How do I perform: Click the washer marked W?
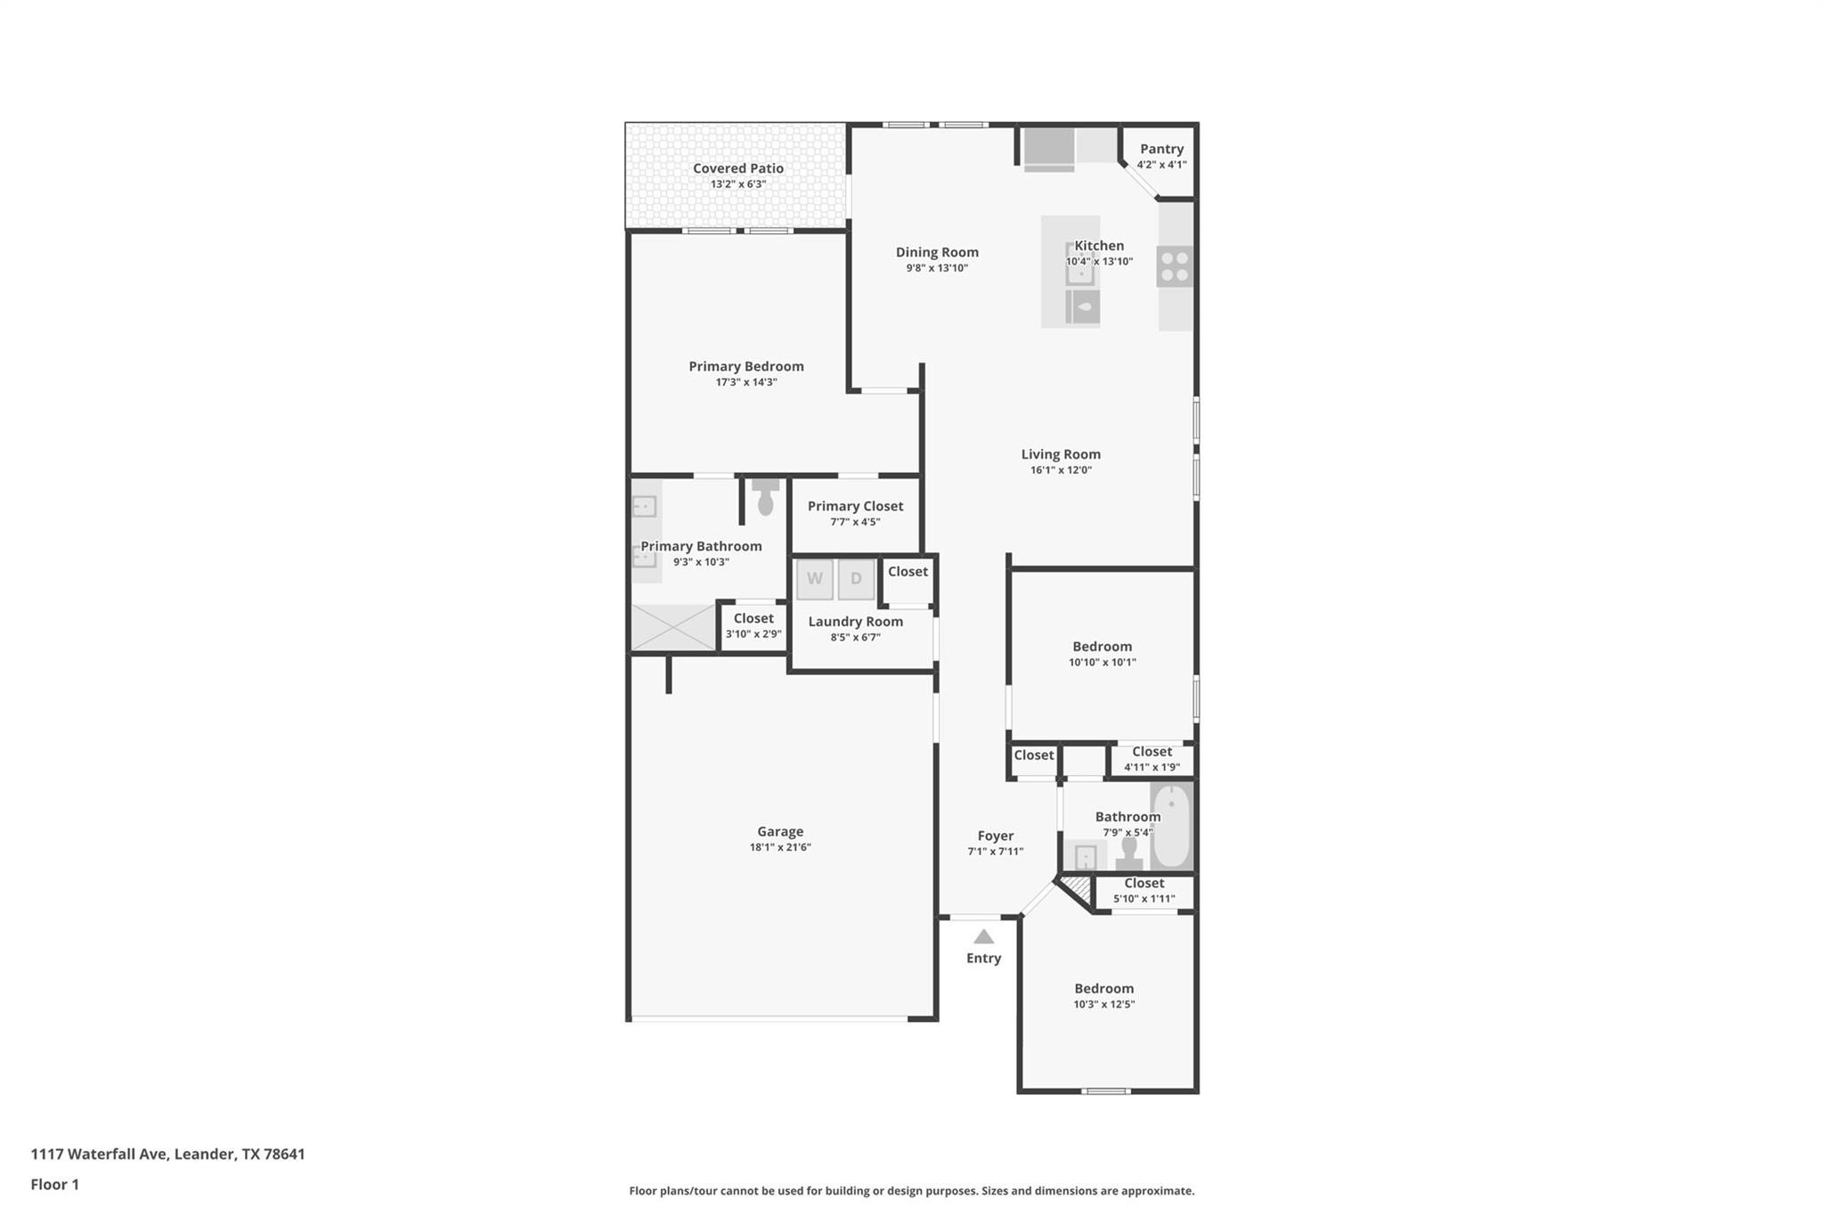pos(814,579)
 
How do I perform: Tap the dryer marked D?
pos(856,579)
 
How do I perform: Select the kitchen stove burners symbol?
pos(1175,266)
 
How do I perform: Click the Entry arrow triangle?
pos(983,936)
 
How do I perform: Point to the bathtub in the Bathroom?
pos(1171,825)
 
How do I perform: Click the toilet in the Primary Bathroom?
pos(765,497)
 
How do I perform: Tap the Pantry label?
pos(1161,149)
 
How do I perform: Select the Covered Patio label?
pos(738,168)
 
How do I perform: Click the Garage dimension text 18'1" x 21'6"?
pos(780,847)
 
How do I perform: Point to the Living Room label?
pos(1061,454)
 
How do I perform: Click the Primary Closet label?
pos(855,506)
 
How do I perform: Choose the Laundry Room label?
pos(855,622)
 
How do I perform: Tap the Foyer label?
pos(996,836)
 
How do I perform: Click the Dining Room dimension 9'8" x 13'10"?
pos(937,268)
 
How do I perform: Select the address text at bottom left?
pos(167,1154)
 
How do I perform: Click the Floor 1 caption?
pos(54,1184)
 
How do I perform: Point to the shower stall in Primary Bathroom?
pos(673,627)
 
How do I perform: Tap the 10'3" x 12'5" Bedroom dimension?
pos(1103,1004)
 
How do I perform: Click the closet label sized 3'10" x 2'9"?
pos(753,634)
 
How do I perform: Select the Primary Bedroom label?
pos(746,366)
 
